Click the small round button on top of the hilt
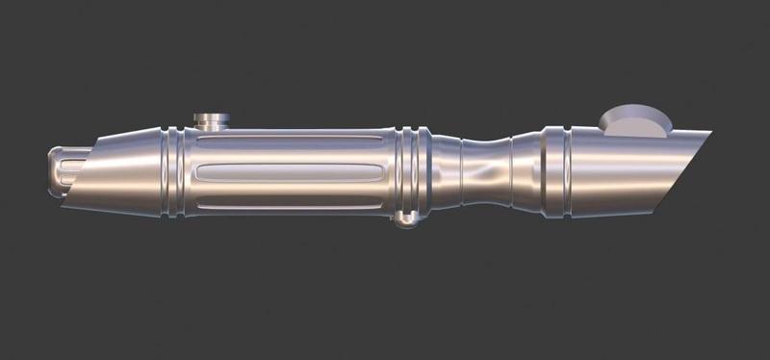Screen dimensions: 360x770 coord(211,120)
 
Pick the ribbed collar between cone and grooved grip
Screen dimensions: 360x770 coord(172,172)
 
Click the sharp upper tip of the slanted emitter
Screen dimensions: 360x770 coord(710,133)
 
